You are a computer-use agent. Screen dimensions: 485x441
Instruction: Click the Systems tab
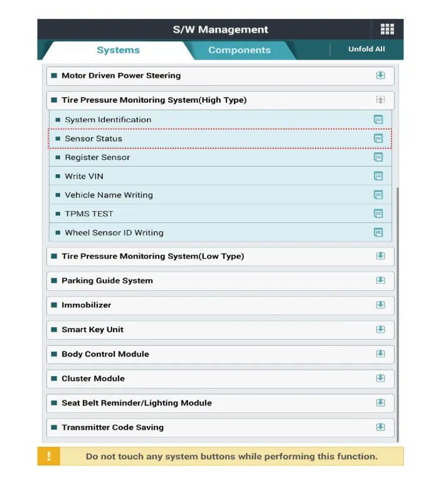118,50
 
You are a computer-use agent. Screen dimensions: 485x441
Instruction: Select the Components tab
239,50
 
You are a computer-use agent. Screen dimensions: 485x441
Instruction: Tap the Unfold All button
366,49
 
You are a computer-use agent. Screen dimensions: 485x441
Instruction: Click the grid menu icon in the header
387,29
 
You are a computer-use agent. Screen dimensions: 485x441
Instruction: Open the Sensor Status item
93,138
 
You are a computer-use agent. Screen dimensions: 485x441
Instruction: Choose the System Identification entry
108,120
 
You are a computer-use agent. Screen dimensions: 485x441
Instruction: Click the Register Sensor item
97,157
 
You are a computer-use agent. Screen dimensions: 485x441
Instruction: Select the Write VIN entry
84,176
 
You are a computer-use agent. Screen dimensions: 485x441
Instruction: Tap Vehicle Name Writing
109,195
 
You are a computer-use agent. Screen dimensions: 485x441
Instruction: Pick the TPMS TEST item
89,214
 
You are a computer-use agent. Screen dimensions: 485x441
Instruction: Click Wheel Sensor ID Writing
114,232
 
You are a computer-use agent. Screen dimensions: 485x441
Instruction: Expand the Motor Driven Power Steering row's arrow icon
380,75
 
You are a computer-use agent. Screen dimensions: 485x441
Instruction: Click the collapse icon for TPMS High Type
380,100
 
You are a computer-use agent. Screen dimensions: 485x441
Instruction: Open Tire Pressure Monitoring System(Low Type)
152,256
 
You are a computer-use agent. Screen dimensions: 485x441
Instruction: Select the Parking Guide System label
107,280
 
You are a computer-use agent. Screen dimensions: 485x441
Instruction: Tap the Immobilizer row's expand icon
380,305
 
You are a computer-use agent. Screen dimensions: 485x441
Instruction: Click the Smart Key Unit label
92,329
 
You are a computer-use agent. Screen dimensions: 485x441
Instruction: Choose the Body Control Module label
105,353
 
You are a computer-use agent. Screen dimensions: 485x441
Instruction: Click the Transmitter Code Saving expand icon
380,427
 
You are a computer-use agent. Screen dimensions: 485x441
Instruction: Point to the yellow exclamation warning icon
49,456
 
